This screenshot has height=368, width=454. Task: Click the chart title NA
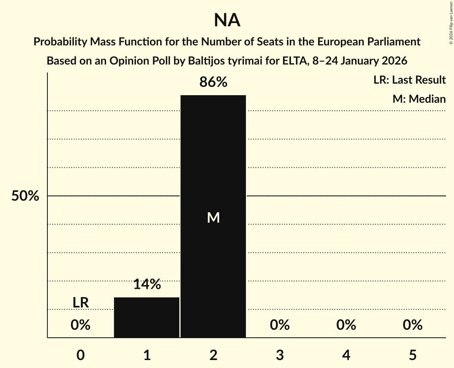coord(227,20)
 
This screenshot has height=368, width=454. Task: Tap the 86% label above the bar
coord(213,82)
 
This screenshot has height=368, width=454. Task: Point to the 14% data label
coord(147,284)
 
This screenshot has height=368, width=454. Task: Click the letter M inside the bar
coord(213,217)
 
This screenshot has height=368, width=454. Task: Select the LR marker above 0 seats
coord(81,303)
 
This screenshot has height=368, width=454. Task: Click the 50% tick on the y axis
coord(25,196)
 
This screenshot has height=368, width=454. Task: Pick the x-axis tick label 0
coord(81,355)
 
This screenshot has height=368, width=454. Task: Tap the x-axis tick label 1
coord(147,355)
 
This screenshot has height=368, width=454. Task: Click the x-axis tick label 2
coord(213,355)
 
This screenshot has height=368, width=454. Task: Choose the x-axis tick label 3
coord(279,355)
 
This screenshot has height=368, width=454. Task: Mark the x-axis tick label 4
coord(346,355)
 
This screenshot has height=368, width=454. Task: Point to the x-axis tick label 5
coord(412,355)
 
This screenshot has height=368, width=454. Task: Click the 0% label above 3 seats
coord(279,325)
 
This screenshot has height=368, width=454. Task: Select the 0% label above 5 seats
coord(412,325)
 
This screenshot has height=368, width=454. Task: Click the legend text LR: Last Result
coord(409,80)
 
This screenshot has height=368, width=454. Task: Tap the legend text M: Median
coord(419,99)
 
